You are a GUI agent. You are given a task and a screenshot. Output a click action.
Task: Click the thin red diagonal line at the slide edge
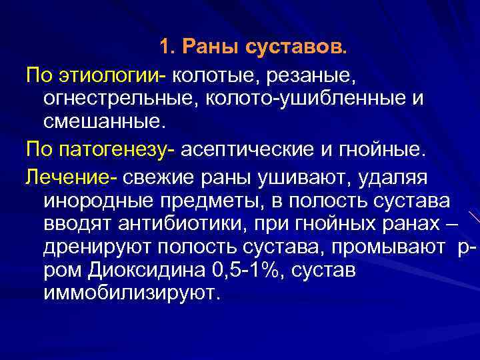pyautogui.click(x=473, y=215)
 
